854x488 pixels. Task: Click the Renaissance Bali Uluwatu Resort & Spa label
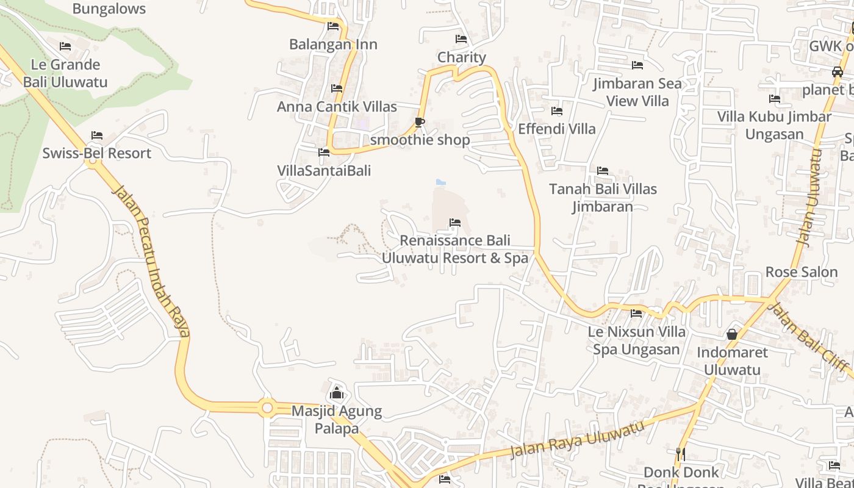click(454, 249)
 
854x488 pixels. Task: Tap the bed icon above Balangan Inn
click(333, 26)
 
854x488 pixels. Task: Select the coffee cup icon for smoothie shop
click(420, 122)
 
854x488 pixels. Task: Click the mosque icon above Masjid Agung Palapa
click(337, 393)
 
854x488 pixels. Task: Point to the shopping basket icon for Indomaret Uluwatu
click(731, 334)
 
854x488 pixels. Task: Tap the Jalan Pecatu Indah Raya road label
click(151, 262)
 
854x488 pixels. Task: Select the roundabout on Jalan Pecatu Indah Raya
click(267, 407)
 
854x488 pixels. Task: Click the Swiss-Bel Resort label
click(96, 153)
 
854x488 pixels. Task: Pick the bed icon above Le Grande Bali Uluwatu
click(65, 46)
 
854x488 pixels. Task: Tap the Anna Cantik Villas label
click(337, 107)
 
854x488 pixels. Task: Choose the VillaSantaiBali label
click(324, 171)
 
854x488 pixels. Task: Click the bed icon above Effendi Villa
click(557, 111)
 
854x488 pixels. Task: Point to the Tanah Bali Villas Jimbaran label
click(603, 198)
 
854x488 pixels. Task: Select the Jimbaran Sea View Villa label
click(637, 92)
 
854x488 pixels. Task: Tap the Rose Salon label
click(801, 272)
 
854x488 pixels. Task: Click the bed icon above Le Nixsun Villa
click(636, 314)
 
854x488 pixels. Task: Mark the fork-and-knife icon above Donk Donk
click(681, 453)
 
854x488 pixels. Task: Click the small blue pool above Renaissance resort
click(441, 182)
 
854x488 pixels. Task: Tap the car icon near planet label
click(837, 72)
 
